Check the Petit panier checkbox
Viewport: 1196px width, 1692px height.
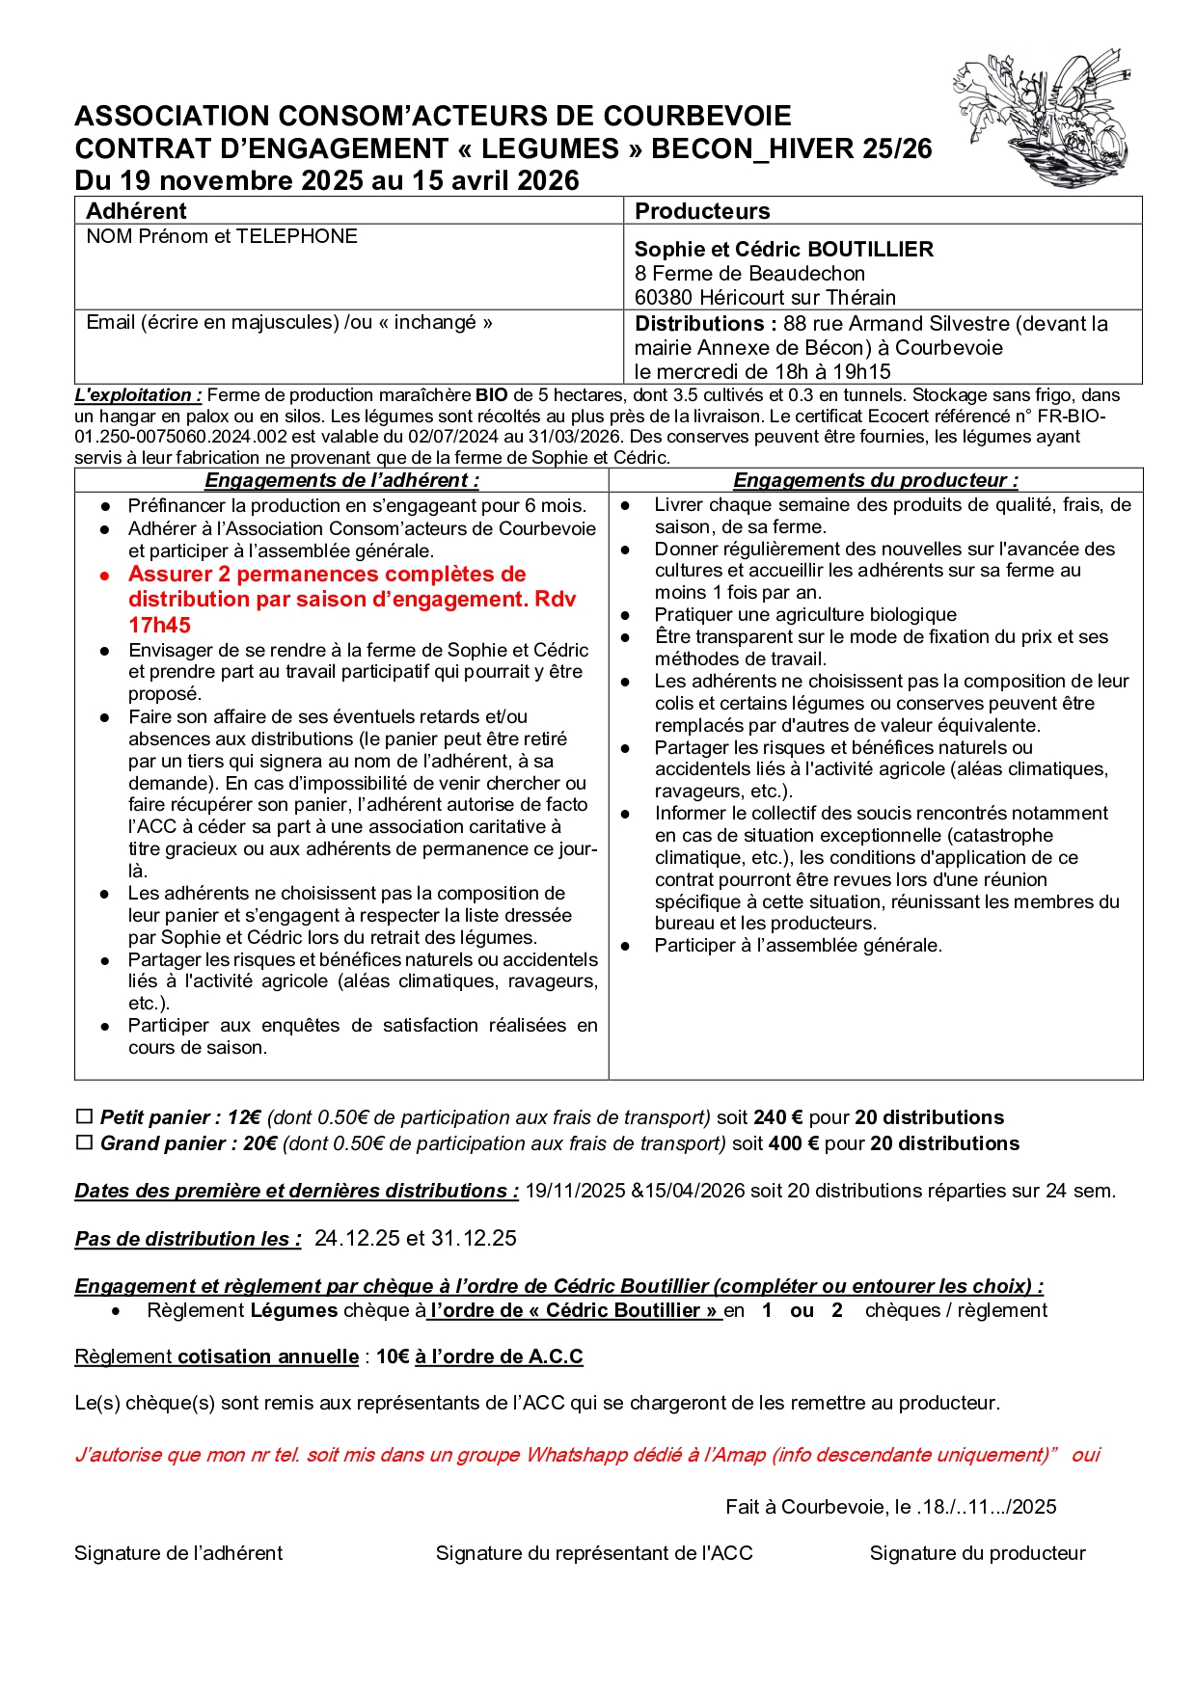pos(84,1116)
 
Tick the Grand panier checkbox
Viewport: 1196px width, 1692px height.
pos(84,1142)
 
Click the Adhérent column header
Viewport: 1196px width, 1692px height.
pos(136,211)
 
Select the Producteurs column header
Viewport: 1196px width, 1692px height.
pos(702,211)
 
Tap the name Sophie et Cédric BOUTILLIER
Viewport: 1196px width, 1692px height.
pos(783,249)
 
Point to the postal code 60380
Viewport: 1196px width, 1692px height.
pos(663,297)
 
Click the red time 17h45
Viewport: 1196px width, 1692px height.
pos(159,625)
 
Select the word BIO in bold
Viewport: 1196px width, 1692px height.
pos(491,395)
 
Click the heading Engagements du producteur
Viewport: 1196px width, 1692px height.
pos(875,480)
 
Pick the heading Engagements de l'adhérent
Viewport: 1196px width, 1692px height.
pos(341,480)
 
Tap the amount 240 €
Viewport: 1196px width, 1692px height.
pos(777,1117)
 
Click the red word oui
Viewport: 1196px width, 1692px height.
pos(1085,1455)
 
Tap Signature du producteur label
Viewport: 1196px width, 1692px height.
pos(977,1553)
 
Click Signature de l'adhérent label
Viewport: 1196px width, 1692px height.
pos(178,1553)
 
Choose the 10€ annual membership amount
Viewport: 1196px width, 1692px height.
pos(392,1356)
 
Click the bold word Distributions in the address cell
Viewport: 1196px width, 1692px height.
pos(699,324)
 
